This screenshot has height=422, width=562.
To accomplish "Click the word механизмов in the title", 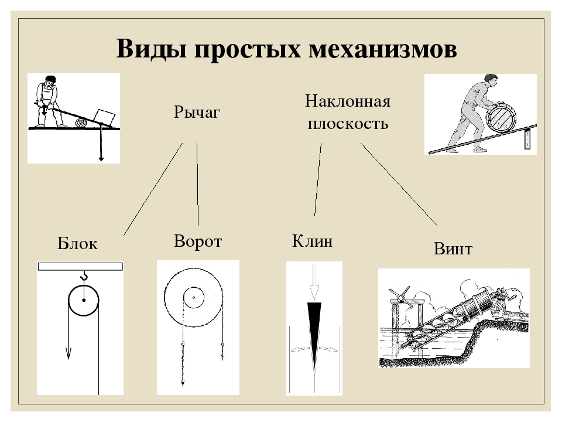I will [x=382, y=49].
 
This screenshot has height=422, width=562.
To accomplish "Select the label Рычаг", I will [x=197, y=112].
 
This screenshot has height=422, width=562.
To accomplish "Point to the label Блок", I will [x=77, y=244].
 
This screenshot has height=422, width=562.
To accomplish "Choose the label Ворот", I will [x=198, y=241].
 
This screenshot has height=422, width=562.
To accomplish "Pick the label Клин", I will [x=312, y=241].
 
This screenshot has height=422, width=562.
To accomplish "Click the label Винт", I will [x=453, y=249].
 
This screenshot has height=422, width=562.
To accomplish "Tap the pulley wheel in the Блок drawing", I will [x=84, y=301].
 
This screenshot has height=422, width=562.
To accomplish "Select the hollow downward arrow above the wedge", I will [x=314, y=283].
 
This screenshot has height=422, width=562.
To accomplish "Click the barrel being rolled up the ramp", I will [x=501, y=120].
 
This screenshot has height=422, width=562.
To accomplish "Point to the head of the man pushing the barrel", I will [x=491, y=79].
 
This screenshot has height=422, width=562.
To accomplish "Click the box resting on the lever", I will [x=105, y=115].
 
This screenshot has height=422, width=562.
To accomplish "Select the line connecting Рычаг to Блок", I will [x=153, y=189].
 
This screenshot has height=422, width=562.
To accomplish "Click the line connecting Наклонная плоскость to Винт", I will [x=399, y=184].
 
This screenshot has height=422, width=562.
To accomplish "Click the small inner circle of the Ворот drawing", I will [x=193, y=297].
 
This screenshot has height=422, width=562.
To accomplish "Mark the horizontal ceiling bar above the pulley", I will [x=80, y=266].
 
